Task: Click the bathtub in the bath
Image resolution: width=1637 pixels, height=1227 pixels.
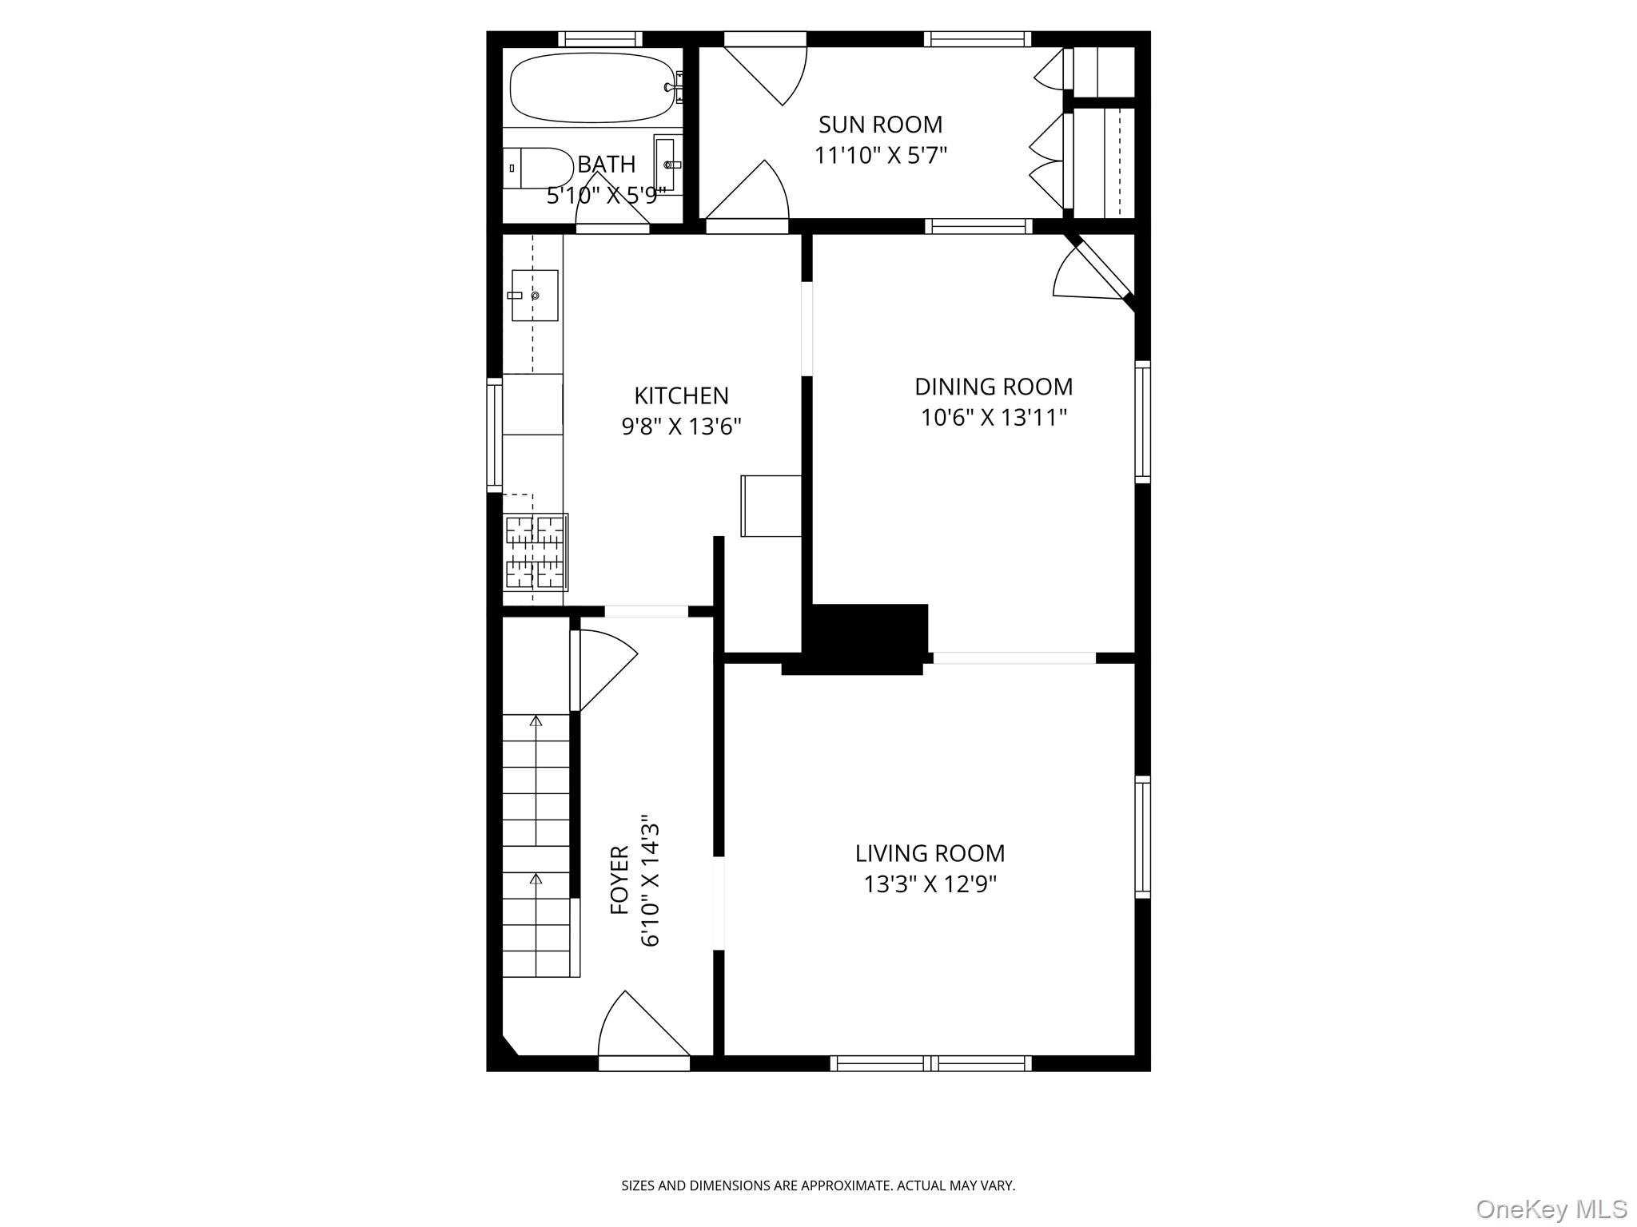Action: tap(591, 88)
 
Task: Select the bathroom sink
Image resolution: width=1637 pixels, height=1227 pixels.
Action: tap(668, 165)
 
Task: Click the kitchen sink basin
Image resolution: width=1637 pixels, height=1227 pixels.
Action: tap(534, 296)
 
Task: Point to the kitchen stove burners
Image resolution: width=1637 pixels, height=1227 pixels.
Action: tap(535, 552)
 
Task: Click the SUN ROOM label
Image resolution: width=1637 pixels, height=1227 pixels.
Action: tap(880, 125)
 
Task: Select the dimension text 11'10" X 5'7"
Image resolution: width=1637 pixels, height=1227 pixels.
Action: tap(880, 155)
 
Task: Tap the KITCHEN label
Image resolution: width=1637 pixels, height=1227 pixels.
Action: tap(681, 395)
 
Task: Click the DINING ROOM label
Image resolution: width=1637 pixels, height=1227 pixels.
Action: tap(993, 387)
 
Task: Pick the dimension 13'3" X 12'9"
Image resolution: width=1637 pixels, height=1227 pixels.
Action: tap(930, 884)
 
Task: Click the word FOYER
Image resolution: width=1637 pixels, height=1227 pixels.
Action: tap(620, 880)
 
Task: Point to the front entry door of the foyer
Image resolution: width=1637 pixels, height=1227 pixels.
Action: tap(644, 1030)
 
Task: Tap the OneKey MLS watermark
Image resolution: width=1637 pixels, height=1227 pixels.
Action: tap(1551, 1209)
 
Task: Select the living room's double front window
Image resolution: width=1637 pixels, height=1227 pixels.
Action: tap(930, 1062)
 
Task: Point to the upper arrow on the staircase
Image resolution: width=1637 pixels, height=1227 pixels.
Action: tap(536, 721)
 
